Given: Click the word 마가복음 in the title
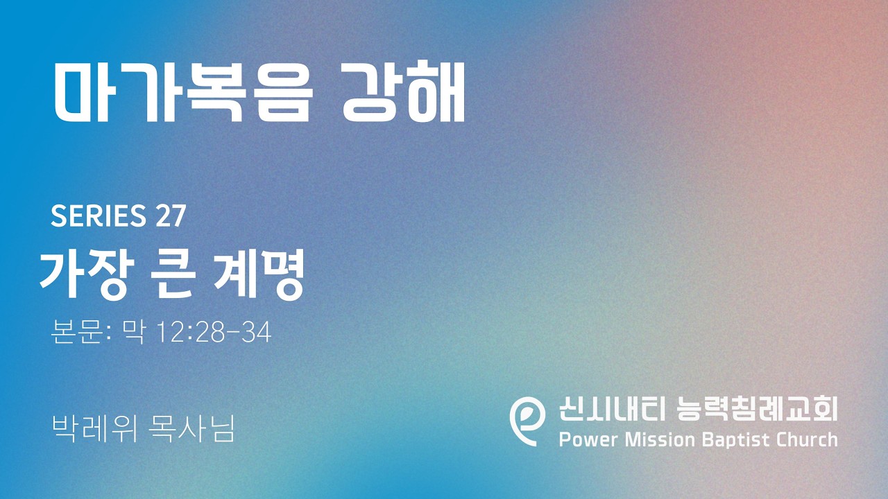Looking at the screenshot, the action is click(x=184, y=92).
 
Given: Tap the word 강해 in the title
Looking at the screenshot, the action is click(x=403, y=92).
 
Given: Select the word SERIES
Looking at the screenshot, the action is click(x=99, y=216).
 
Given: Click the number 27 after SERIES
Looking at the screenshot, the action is click(x=171, y=216).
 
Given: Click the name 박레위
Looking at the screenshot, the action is click(x=94, y=428).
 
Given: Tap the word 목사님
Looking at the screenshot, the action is click(x=191, y=428).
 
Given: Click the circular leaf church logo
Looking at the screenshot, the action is click(x=527, y=421).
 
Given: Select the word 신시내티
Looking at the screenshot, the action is click(x=611, y=408).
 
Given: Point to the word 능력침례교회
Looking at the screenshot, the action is click(x=757, y=408).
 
